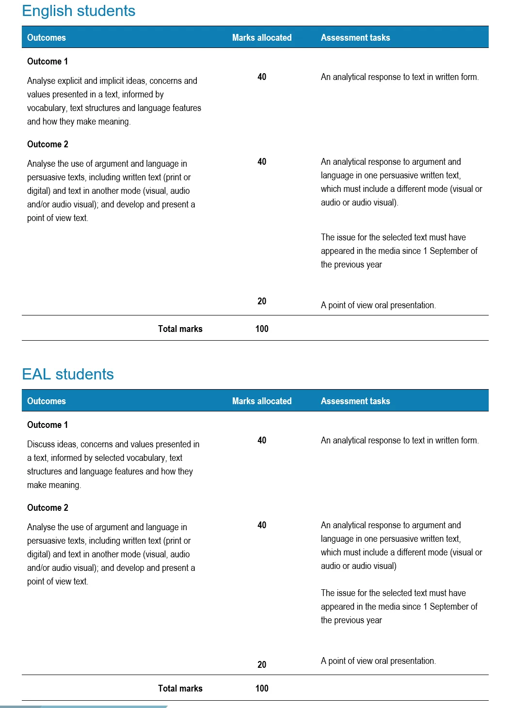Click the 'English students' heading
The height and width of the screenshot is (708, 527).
[79, 11]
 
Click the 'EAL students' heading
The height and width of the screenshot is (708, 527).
[68, 374]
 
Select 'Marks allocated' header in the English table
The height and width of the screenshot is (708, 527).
[262, 38]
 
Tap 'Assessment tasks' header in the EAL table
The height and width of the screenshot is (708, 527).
[355, 401]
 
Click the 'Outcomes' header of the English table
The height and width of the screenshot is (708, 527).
[47, 38]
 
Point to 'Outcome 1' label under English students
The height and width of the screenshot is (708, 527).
[48, 62]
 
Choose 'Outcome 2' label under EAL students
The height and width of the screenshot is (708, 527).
[48, 508]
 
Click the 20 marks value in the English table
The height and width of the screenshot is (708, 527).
[262, 301]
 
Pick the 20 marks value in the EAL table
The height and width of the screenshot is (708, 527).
[262, 665]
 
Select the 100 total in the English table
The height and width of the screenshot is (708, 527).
[262, 329]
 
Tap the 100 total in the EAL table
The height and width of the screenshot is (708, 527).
[262, 689]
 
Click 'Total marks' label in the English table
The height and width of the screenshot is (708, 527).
[180, 329]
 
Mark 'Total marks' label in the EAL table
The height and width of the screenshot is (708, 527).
[180, 689]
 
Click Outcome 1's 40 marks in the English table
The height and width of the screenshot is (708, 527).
[262, 77]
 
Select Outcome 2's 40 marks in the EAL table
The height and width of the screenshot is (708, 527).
[262, 525]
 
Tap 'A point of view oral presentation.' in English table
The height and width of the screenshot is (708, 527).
[378, 305]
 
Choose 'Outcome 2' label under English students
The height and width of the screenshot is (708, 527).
[48, 144]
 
